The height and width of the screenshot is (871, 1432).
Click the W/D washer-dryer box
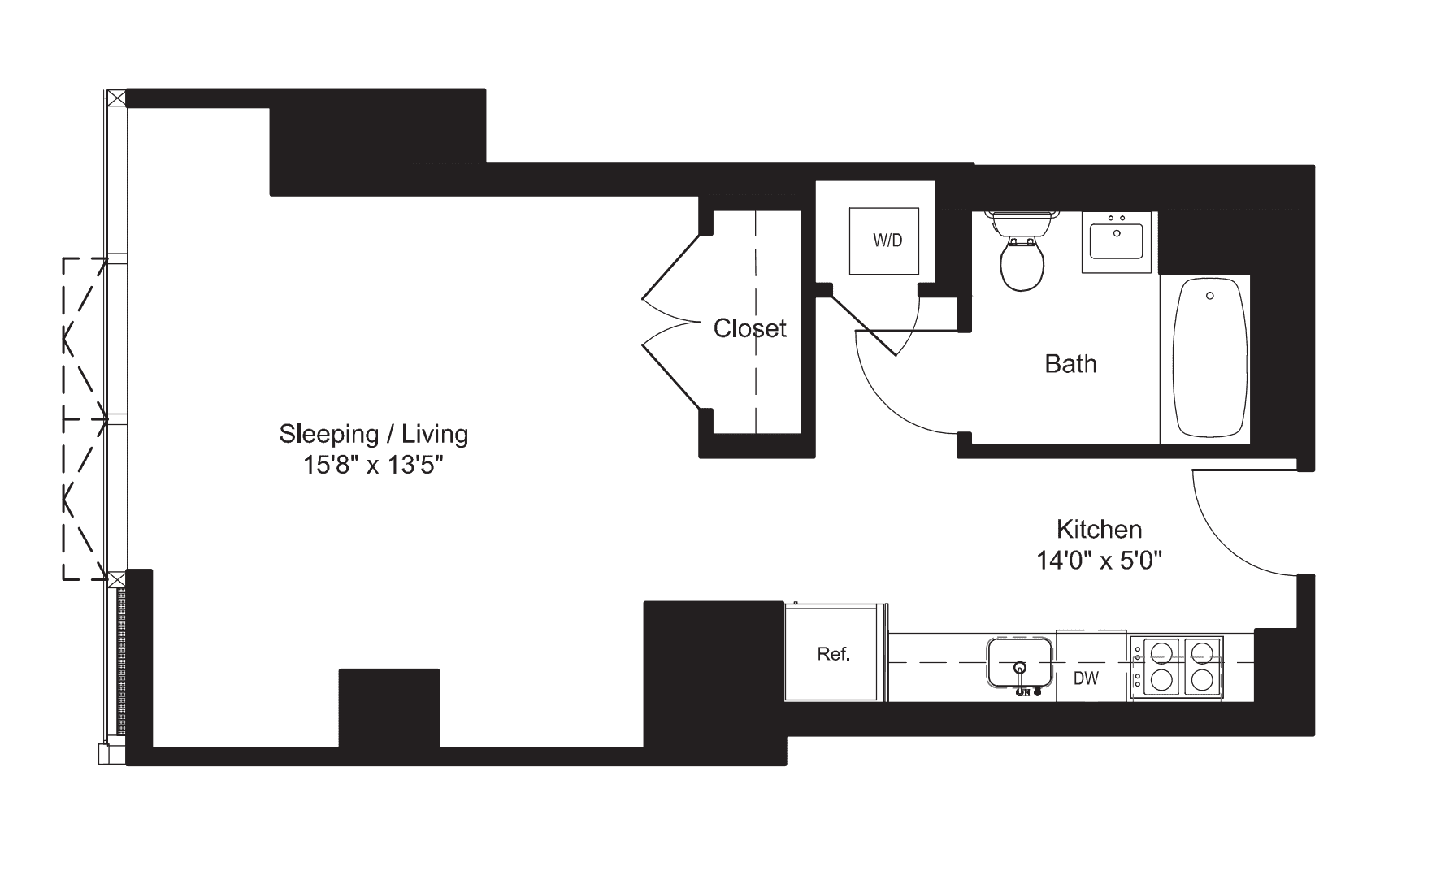click(x=886, y=241)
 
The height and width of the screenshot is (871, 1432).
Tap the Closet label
click(x=749, y=328)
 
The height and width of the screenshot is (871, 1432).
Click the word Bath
click(x=1070, y=364)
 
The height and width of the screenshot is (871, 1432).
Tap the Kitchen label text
click(x=1099, y=530)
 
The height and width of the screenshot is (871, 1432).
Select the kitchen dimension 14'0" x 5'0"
click(x=1099, y=561)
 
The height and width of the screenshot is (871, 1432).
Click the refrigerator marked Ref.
click(x=835, y=653)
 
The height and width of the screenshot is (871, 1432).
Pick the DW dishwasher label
click(x=1086, y=678)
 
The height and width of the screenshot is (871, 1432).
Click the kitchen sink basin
click(x=1019, y=662)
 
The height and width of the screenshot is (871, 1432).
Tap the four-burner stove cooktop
click(x=1177, y=666)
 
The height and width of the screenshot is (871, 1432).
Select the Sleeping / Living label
click(x=374, y=434)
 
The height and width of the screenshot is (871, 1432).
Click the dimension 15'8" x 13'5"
click(x=374, y=466)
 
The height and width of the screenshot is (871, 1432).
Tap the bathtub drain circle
click(x=1209, y=297)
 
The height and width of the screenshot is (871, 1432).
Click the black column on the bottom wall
click(x=388, y=707)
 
